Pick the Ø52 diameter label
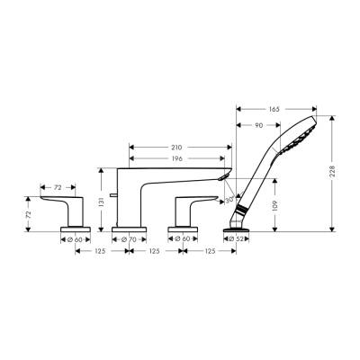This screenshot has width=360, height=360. coord(238,239)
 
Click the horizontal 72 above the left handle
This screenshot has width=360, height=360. coord(57,188)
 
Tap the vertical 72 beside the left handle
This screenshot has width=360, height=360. coord(29,216)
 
